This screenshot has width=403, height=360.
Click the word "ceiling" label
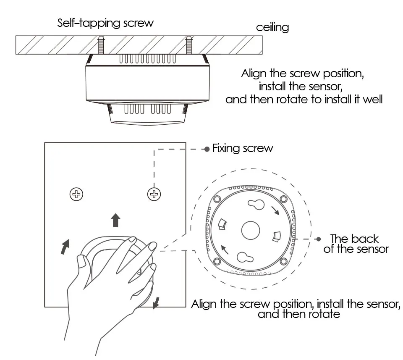(272, 28)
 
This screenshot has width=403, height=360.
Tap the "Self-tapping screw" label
(105, 23)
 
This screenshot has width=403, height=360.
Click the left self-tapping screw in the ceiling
(101, 45)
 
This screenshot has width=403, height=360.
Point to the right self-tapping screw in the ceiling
(188, 45)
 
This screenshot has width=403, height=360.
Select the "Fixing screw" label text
(243, 148)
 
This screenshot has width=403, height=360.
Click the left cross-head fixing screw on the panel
(76, 194)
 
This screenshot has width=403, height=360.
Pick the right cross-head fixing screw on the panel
(154, 194)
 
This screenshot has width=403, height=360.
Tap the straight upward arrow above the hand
(115, 220)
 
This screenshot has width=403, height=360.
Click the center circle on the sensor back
(251, 231)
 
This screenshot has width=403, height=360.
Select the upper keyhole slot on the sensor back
(256, 205)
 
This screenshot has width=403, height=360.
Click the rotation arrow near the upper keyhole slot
(275, 210)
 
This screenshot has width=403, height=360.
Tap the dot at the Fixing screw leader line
(207, 149)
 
